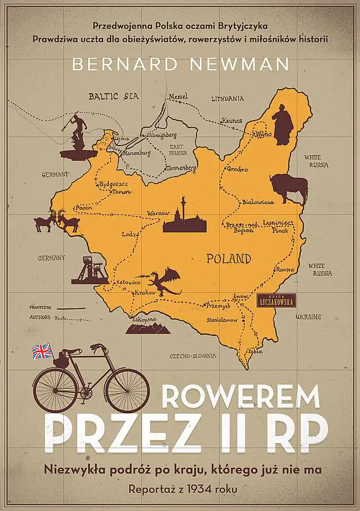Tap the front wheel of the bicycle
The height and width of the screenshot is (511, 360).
127,390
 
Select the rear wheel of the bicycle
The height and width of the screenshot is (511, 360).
55,390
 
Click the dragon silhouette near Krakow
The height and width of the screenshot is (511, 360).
164,281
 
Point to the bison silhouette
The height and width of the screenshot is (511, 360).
289,188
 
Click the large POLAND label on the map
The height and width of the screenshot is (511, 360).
229,257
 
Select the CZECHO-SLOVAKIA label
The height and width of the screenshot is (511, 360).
192,356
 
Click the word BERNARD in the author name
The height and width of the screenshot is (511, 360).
115,64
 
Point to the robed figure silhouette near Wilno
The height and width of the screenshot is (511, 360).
282,125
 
